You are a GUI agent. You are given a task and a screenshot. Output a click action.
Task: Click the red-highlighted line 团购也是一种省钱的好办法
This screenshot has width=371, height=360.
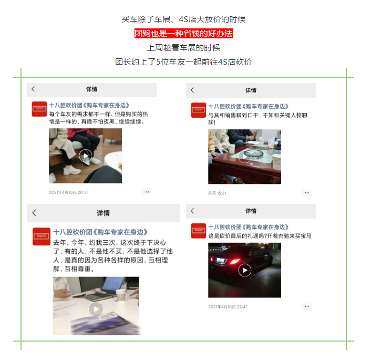[x=183, y=34]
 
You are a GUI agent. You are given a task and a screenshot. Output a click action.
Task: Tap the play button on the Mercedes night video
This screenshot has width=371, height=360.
[x=244, y=270]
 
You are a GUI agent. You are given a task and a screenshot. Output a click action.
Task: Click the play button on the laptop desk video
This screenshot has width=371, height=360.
[x=96, y=309]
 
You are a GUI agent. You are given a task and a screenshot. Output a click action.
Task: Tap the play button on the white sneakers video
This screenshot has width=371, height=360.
[x=86, y=156]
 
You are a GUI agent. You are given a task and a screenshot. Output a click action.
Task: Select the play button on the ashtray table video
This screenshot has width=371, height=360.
[x=244, y=156]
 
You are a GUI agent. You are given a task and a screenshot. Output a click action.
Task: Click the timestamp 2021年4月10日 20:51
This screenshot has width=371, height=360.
[x=68, y=192]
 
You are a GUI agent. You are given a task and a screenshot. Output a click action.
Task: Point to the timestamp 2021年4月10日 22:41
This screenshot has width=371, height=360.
[x=228, y=307]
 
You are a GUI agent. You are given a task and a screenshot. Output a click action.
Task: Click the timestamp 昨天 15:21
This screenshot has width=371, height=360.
[x=217, y=193]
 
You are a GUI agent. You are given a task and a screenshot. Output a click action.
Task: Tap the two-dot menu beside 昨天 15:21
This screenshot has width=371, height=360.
[x=307, y=193]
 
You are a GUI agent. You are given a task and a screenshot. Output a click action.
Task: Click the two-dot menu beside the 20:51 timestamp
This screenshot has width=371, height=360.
[x=148, y=192]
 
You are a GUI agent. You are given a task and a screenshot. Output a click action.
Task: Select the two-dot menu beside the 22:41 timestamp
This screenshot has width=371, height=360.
[x=307, y=306]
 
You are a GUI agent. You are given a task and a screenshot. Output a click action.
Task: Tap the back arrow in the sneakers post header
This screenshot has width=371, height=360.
[x=33, y=89]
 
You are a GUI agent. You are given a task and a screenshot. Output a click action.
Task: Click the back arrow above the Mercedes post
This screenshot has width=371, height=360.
[x=192, y=211]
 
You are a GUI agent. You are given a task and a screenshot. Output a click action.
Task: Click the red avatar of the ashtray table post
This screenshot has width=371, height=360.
[x=198, y=110]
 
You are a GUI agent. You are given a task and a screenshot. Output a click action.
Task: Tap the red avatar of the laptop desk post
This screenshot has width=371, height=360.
[x=42, y=236]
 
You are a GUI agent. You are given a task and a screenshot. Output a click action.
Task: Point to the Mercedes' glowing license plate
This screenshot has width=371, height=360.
[x=220, y=261]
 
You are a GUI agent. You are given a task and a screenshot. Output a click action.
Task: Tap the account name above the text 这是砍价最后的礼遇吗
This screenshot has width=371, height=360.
[x=249, y=227]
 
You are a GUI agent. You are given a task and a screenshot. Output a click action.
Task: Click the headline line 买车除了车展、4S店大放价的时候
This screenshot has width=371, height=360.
[x=183, y=19]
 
